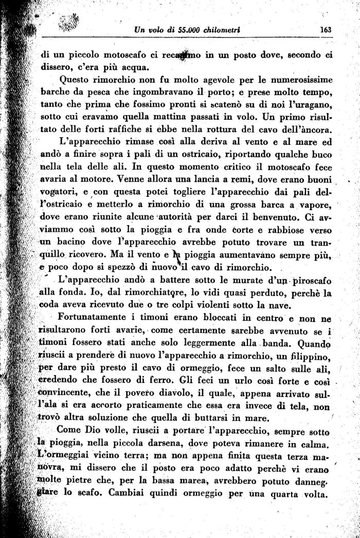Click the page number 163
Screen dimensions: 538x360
click(325, 29)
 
